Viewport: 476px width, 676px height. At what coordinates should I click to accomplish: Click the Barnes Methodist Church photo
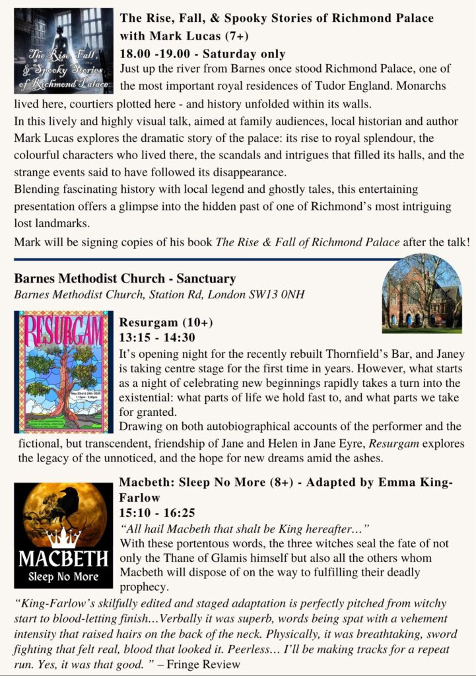tap(421, 292)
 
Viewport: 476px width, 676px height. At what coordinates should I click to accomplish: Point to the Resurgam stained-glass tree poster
tap(63, 372)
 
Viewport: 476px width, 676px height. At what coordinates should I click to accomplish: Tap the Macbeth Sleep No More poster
tap(63, 535)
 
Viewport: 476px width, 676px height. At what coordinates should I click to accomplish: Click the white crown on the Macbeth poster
tap(64, 537)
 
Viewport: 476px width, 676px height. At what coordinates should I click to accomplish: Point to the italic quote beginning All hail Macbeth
tap(244, 529)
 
